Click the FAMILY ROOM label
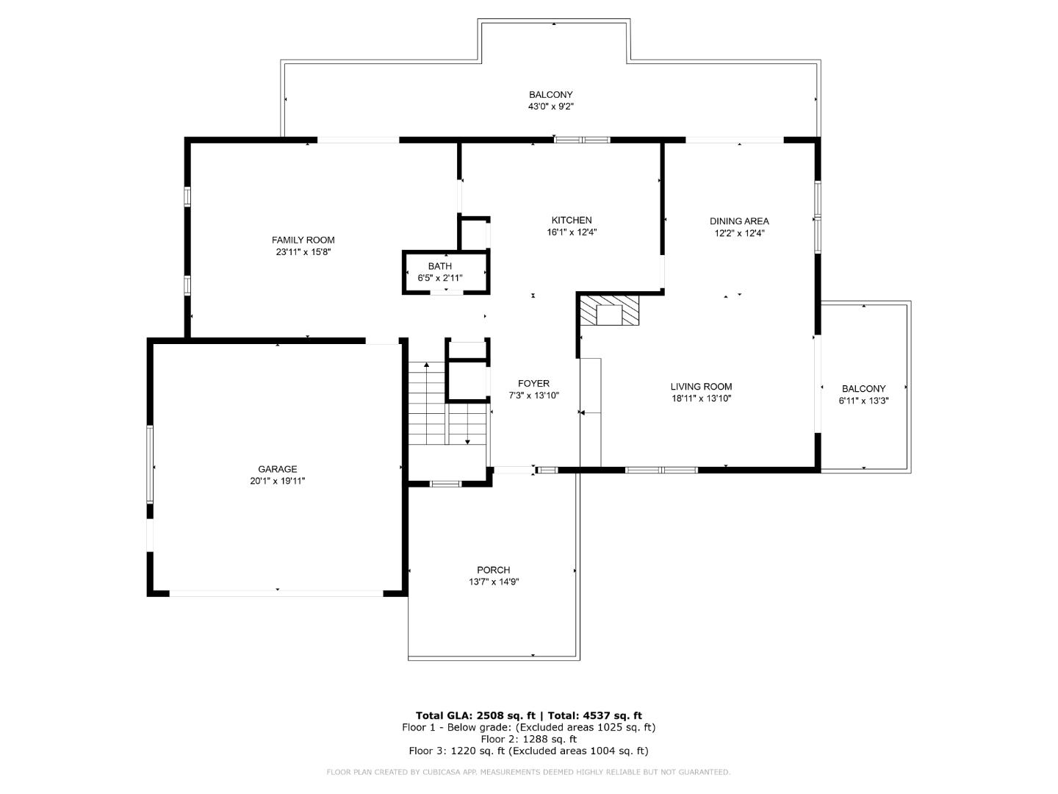pyautogui.click(x=303, y=240)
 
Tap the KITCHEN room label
pyautogui.click(x=572, y=220)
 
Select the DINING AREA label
pyautogui.click(x=739, y=221)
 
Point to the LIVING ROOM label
pyautogui.click(x=701, y=387)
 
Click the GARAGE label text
pyautogui.click(x=277, y=469)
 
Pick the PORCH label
pyautogui.click(x=493, y=570)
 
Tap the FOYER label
pyautogui.click(x=533, y=383)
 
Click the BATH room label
pyautogui.click(x=440, y=266)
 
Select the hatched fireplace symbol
pyautogui.click(x=609, y=310)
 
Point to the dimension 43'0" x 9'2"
pyautogui.click(x=550, y=107)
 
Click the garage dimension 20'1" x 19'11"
pyautogui.click(x=277, y=482)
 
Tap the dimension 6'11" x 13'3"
pyautogui.click(x=863, y=401)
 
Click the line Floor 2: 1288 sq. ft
pyautogui.click(x=528, y=739)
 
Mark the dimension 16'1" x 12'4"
pyautogui.click(x=572, y=232)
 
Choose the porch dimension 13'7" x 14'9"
pyautogui.click(x=493, y=582)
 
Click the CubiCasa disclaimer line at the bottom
pyautogui.click(x=528, y=772)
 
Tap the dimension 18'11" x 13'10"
pyautogui.click(x=701, y=399)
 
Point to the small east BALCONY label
pyautogui.click(x=863, y=389)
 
